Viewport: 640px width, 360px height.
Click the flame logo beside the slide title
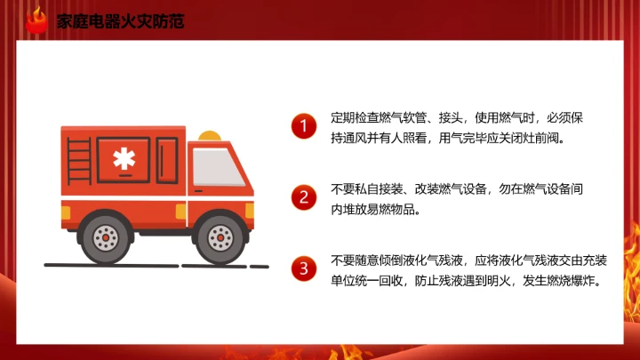coord(36,20)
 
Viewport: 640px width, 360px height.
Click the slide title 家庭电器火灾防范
coord(120,20)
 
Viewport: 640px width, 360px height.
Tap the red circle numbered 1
coord(304,127)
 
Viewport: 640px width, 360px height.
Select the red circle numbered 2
coord(304,197)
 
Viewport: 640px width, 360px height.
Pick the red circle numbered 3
coord(304,268)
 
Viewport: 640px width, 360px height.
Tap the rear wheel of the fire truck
coord(106,236)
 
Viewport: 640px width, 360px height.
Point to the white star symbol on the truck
coord(122,161)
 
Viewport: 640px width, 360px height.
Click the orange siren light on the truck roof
coord(210,135)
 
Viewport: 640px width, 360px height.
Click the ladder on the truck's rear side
coord(77,169)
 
